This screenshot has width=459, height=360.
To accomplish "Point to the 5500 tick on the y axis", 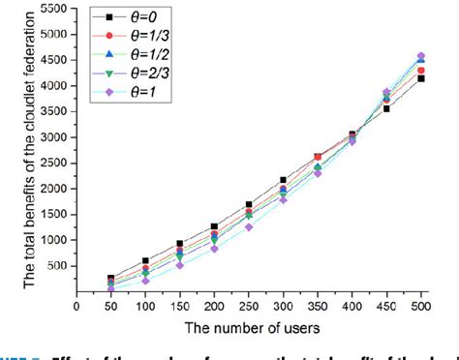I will pyautogui.click(x=54, y=9).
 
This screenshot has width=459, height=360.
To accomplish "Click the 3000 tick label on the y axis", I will pyautogui.click(x=54, y=136).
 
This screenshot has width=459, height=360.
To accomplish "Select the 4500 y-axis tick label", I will pyautogui.click(x=54, y=60).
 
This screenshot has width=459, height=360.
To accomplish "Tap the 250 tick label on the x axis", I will pyautogui.click(x=249, y=303).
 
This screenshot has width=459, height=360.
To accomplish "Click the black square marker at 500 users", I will pyautogui.click(x=420, y=78).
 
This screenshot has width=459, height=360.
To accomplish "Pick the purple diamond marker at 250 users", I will pyautogui.click(x=249, y=227).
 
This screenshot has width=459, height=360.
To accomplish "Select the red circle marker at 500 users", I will pyautogui.click(x=420, y=71).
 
